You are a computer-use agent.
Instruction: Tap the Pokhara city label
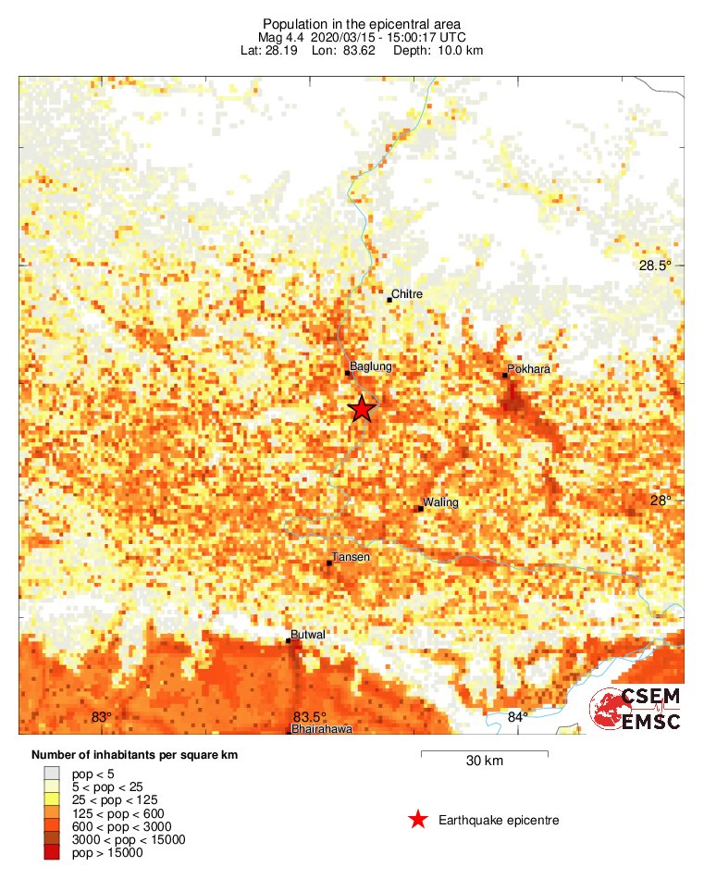(x=529, y=368)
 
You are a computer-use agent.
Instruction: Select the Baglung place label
(x=371, y=366)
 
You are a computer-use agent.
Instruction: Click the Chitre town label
(x=407, y=294)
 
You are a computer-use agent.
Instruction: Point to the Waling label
(x=441, y=502)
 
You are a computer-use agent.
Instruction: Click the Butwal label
(x=308, y=636)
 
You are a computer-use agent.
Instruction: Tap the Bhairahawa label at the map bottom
(x=322, y=729)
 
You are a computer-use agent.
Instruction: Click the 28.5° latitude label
(x=656, y=266)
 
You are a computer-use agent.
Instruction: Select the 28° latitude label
(x=660, y=500)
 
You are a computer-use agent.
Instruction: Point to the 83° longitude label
(x=101, y=717)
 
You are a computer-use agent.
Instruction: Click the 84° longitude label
(x=517, y=717)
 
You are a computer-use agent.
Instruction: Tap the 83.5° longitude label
(x=309, y=717)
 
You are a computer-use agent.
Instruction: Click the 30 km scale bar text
(x=484, y=761)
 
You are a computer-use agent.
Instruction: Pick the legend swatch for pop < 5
(x=52, y=773)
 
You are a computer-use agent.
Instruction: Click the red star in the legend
(x=418, y=820)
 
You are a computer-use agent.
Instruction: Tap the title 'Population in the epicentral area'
(x=362, y=23)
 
